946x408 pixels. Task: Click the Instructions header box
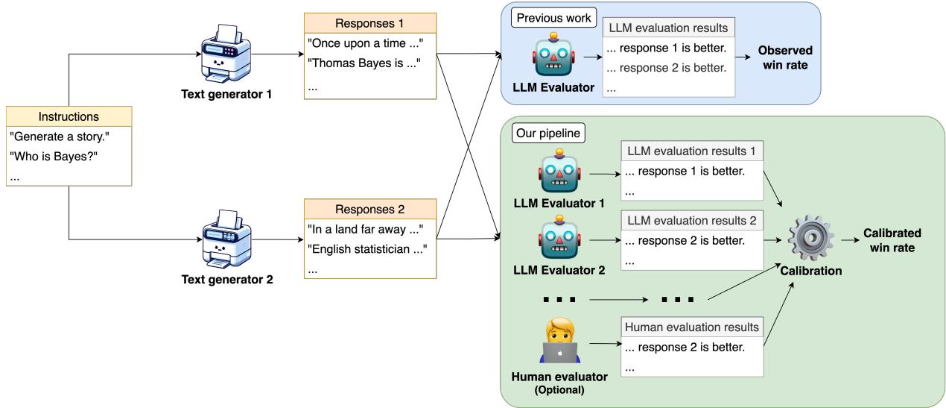pyautogui.click(x=69, y=116)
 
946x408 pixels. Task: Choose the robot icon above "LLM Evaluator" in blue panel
pyautogui.click(x=554, y=55)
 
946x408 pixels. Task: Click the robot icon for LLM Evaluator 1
pyautogui.click(x=559, y=173)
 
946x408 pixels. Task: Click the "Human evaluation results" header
pyautogui.click(x=692, y=327)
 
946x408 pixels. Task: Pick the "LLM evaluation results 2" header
pyautogui.click(x=692, y=220)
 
